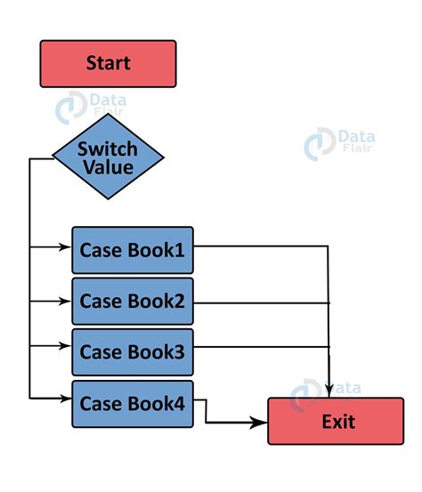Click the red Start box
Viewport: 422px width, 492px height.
(x=108, y=63)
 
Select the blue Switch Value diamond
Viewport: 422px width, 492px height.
(x=108, y=157)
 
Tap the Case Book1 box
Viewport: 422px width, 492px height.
(x=133, y=250)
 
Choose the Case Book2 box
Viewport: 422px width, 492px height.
(x=133, y=301)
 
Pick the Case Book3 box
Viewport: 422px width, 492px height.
(x=133, y=351)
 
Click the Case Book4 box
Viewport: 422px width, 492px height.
(x=133, y=403)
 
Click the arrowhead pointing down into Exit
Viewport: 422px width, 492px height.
(x=330, y=391)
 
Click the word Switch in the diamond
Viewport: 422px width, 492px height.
(x=107, y=148)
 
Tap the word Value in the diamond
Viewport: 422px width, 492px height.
(x=109, y=167)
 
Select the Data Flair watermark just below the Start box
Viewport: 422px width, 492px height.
(x=91, y=108)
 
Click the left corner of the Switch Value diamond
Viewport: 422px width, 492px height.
(x=54, y=158)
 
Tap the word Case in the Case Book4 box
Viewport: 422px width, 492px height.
(x=101, y=403)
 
